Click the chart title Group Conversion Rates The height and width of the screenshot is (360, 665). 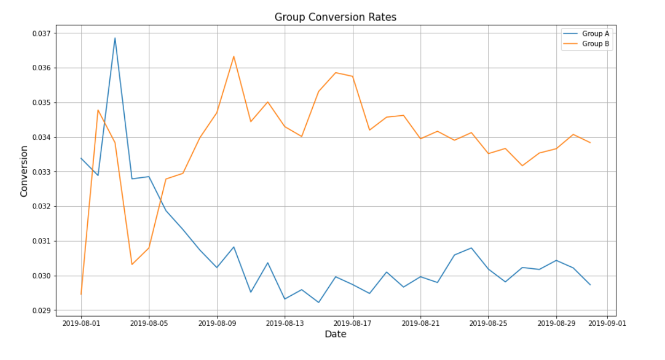tap(335, 17)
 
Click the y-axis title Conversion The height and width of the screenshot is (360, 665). tap(24, 171)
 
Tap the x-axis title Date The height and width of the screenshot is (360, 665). tap(335, 334)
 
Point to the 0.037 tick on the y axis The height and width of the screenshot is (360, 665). tap(42, 33)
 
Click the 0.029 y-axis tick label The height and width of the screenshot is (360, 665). tap(42, 311)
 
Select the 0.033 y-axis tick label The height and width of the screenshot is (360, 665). tap(42, 172)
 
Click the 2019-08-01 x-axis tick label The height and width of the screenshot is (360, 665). tap(81, 323)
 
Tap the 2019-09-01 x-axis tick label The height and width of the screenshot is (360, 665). tap(607, 323)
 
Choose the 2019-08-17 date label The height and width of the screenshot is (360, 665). tap(352, 323)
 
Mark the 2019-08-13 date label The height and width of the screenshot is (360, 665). tap(284, 323)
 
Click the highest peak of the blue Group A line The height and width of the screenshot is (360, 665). tap(115, 38)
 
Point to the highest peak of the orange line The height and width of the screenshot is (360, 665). tap(233, 56)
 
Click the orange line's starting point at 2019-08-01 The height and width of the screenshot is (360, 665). tap(81, 294)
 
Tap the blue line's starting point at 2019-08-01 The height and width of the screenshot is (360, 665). tap(81, 158)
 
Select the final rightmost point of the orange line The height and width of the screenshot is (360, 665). tap(590, 142)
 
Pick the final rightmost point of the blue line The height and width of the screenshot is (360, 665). tap(590, 284)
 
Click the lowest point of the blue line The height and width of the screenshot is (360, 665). tap(319, 302)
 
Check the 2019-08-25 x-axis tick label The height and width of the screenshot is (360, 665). tap(488, 323)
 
